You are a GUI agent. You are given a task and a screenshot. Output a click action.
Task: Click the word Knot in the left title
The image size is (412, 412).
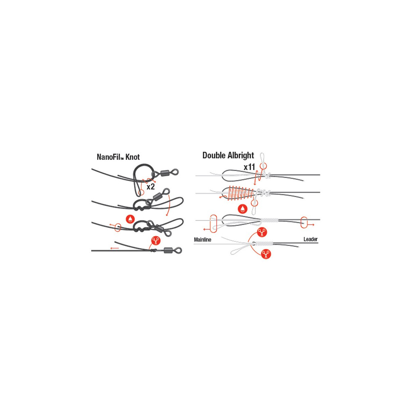[x=133, y=157]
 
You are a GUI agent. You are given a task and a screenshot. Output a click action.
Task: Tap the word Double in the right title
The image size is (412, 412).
[x=214, y=156]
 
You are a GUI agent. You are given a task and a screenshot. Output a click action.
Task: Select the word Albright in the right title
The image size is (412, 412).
[x=241, y=156]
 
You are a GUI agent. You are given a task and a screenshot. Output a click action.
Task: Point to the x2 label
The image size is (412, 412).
[x=151, y=187]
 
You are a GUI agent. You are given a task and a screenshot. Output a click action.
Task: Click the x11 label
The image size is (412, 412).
[x=250, y=167]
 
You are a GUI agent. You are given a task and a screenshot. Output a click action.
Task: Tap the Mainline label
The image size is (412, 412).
[x=203, y=240]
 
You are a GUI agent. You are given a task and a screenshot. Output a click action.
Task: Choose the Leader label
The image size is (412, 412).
[x=310, y=239]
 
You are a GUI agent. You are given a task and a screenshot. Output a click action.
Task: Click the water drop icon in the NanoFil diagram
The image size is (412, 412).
[x=130, y=219]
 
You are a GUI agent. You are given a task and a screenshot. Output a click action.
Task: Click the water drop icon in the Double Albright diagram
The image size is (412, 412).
[x=242, y=209]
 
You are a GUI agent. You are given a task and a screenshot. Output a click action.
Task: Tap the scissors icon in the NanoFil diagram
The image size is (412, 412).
[x=156, y=241]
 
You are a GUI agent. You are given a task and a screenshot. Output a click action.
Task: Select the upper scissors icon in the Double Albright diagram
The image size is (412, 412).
[x=262, y=232]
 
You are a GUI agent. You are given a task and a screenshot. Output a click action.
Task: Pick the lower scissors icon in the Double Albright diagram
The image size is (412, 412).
[x=266, y=254]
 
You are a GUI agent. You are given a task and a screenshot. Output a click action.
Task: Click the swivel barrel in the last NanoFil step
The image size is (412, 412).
[x=168, y=250]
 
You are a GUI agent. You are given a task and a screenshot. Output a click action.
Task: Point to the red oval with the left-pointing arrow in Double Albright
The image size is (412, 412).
[x=213, y=224]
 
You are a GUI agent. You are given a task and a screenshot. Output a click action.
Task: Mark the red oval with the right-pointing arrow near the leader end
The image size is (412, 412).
[x=304, y=222]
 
